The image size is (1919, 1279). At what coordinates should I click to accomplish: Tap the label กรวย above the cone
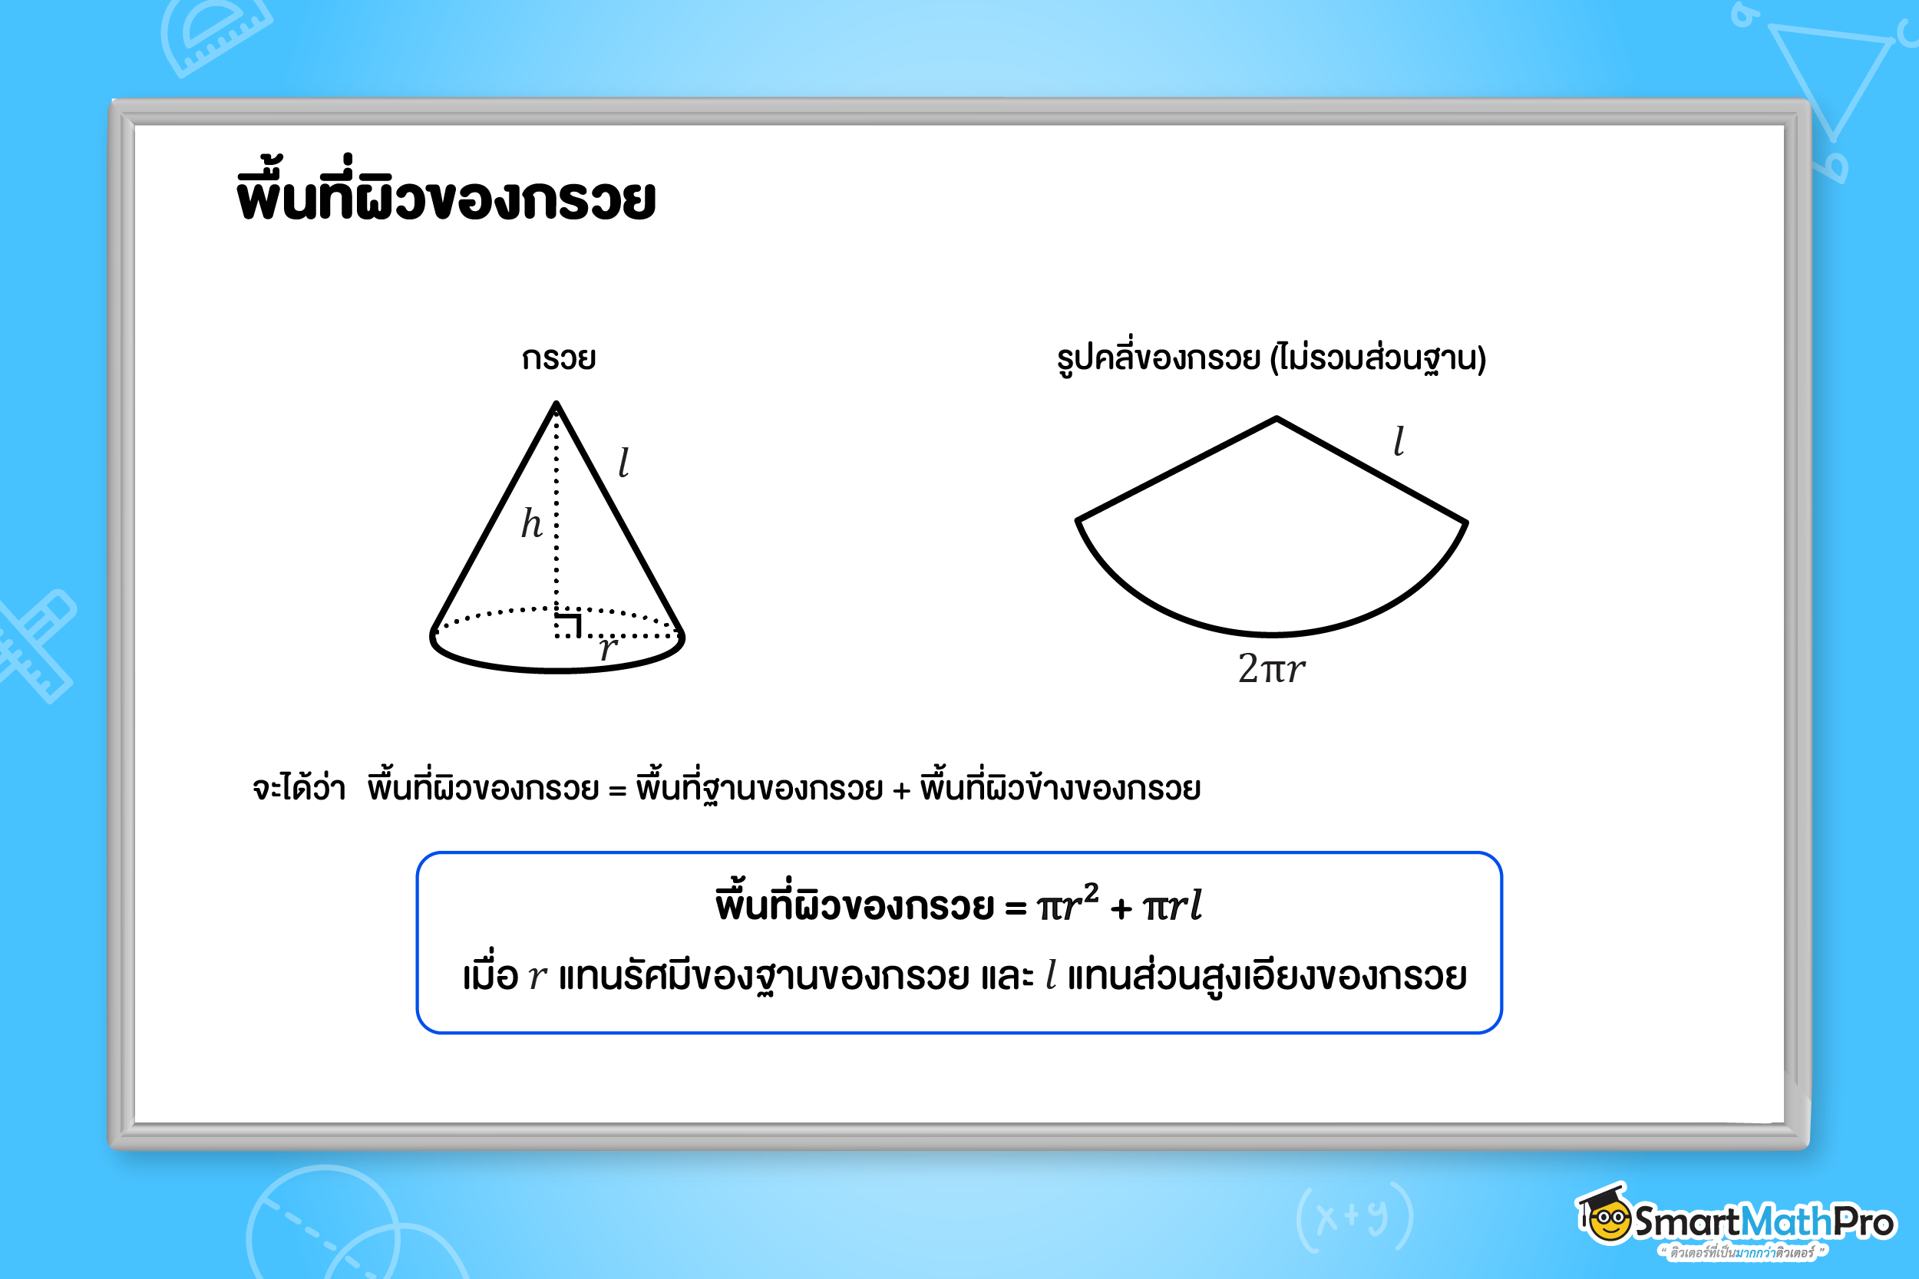559,358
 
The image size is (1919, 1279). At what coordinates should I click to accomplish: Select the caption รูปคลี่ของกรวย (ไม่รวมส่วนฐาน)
1271,357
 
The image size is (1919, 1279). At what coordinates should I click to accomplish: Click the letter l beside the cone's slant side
624,462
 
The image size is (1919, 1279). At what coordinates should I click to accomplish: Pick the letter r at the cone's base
609,648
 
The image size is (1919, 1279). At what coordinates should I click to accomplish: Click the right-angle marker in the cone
568,624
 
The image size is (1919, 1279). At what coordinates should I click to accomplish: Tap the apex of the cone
557,403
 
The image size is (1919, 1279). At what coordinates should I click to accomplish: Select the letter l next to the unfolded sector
1399,440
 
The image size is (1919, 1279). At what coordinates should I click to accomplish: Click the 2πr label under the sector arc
1271,669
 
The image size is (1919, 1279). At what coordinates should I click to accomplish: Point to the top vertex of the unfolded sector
1277,418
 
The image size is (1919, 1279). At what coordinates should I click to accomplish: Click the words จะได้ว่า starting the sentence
299,788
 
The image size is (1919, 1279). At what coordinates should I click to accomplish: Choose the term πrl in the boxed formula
1172,905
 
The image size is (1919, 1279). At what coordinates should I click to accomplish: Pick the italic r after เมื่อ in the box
537,977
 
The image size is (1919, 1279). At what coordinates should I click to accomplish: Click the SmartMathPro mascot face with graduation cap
1605,1215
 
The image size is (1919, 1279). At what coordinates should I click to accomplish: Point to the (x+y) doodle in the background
1354,1216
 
